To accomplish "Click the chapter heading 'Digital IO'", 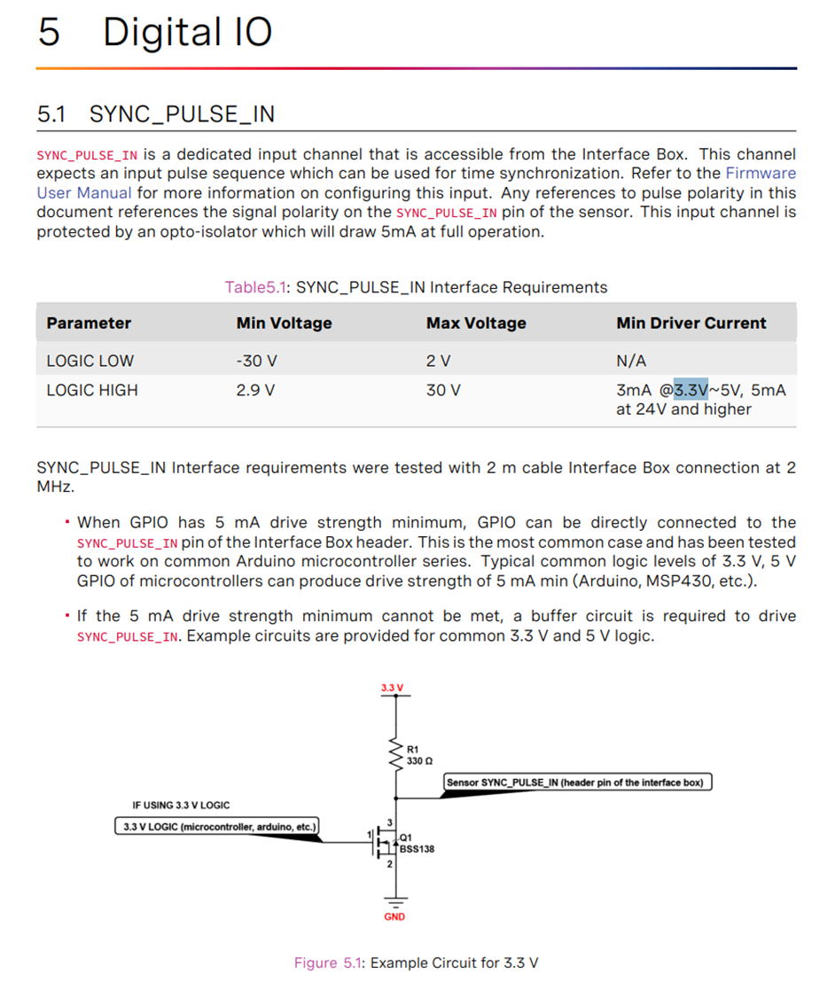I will point(187,32).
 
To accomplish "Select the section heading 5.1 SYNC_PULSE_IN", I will point(156,114).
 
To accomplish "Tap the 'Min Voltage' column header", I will point(284,323).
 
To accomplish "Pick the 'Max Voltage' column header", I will point(475,323).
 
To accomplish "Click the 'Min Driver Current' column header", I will point(691,323).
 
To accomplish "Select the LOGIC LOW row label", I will point(90,362).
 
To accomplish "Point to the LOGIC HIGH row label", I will point(92,391).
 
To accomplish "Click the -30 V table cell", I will point(256,362).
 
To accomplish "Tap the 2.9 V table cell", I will point(255,391).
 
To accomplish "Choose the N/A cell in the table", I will point(631,362).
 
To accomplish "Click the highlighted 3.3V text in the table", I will point(691,390).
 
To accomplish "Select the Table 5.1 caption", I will point(416,287).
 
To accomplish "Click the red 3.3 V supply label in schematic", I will point(392,689).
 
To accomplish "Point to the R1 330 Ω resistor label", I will point(418,755).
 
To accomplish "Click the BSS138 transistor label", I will point(417,848).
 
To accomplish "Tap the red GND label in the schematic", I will point(394,916).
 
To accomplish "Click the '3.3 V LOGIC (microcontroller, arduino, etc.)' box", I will point(217,828).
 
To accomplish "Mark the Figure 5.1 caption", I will point(416,963).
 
